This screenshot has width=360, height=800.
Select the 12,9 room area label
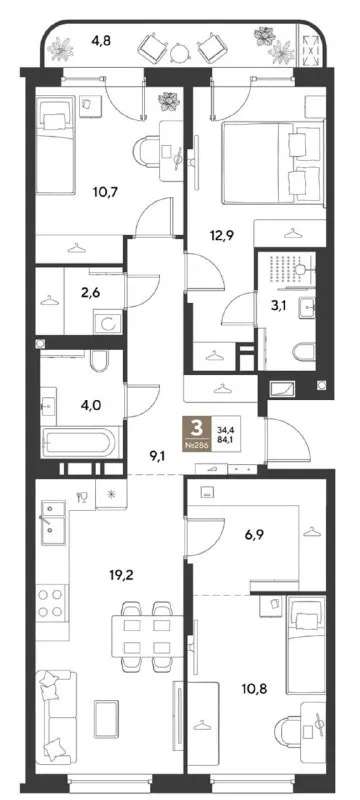[221, 236]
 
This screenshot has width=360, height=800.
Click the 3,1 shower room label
[276, 307]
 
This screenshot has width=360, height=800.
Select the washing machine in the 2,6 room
[107, 323]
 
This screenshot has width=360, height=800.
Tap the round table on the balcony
[179, 52]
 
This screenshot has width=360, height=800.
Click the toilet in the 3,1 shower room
[303, 353]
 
